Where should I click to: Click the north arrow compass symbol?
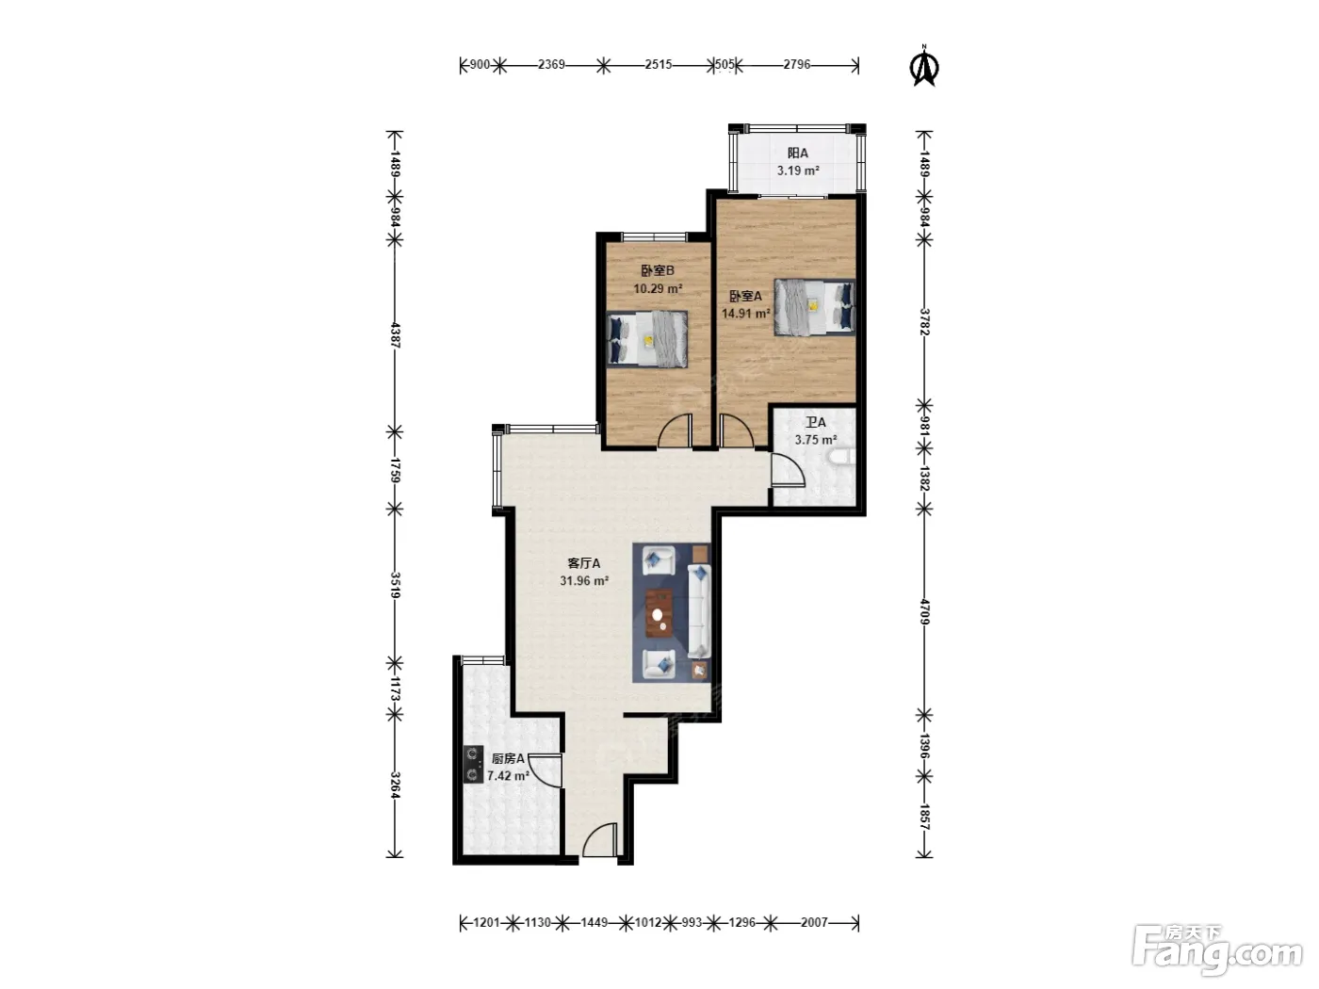(x=925, y=66)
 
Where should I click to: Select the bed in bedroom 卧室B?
(x=647, y=339)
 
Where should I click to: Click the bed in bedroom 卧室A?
(x=814, y=307)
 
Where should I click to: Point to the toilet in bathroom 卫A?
(x=842, y=458)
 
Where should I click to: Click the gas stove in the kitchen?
(x=473, y=764)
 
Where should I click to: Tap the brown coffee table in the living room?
(x=659, y=613)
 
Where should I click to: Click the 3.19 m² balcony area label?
(x=798, y=170)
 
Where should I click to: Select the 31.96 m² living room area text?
(x=584, y=580)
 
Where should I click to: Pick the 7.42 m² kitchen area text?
(x=509, y=776)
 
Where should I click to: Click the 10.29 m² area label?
(x=658, y=289)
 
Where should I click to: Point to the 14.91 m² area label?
(x=746, y=314)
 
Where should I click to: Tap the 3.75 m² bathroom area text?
(x=816, y=440)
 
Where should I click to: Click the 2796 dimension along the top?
(x=797, y=64)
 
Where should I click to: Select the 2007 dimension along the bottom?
(x=814, y=922)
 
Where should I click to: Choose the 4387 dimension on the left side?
(x=396, y=335)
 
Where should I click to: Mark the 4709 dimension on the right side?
(x=924, y=612)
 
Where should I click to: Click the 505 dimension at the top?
(x=725, y=64)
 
